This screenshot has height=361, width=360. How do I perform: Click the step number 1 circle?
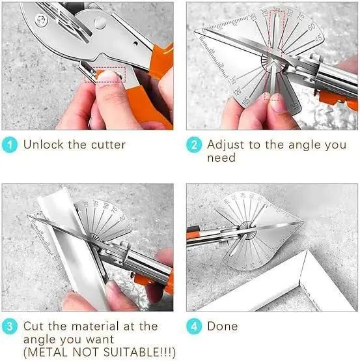10,144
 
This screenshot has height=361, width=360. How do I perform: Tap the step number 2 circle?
194,144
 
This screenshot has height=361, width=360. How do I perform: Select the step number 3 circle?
10,326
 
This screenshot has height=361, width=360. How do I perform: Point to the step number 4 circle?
194,326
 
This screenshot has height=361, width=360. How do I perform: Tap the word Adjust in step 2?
225,144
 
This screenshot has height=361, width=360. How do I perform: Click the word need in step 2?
221,158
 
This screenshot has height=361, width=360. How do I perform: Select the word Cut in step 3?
35,326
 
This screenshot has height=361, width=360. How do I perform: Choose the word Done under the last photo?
223,326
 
